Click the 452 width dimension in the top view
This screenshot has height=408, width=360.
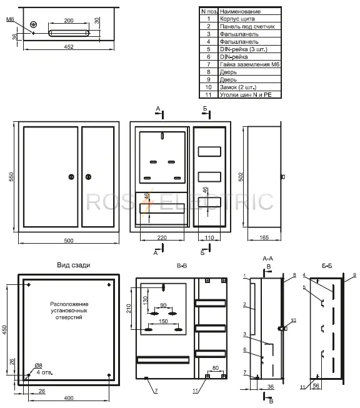(x=69, y=47)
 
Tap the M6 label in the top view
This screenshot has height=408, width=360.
(x=10, y=19)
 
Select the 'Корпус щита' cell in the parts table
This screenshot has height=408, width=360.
(x=237, y=19)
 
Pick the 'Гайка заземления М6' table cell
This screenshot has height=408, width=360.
(x=249, y=64)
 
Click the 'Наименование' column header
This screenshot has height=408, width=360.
(x=240, y=11)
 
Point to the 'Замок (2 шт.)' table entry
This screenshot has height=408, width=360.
(x=238, y=87)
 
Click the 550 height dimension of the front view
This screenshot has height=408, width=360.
(x=11, y=177)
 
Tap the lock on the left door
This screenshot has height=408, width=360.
(x=71, y=177)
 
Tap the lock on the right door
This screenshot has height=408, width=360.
(x=88, y=177)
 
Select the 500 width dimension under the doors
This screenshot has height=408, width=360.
(x=69, y=241)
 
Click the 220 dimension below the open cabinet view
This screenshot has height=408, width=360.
(x=162, y=237)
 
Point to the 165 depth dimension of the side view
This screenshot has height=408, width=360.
(x=264, y=237)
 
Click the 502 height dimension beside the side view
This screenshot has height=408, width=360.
(x=241, y=177)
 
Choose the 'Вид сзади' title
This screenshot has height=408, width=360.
(x=74, y=265)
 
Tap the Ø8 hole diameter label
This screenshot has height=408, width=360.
(x=38, y=366)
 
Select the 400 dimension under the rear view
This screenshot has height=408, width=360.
(x=69, y=398)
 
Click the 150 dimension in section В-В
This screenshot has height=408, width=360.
(x=163, y=321)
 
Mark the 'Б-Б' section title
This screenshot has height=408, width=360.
(x=327, y=266)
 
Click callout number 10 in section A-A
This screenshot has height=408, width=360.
(x=293, y=321)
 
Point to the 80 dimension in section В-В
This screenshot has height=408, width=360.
(x=216, y=368)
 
